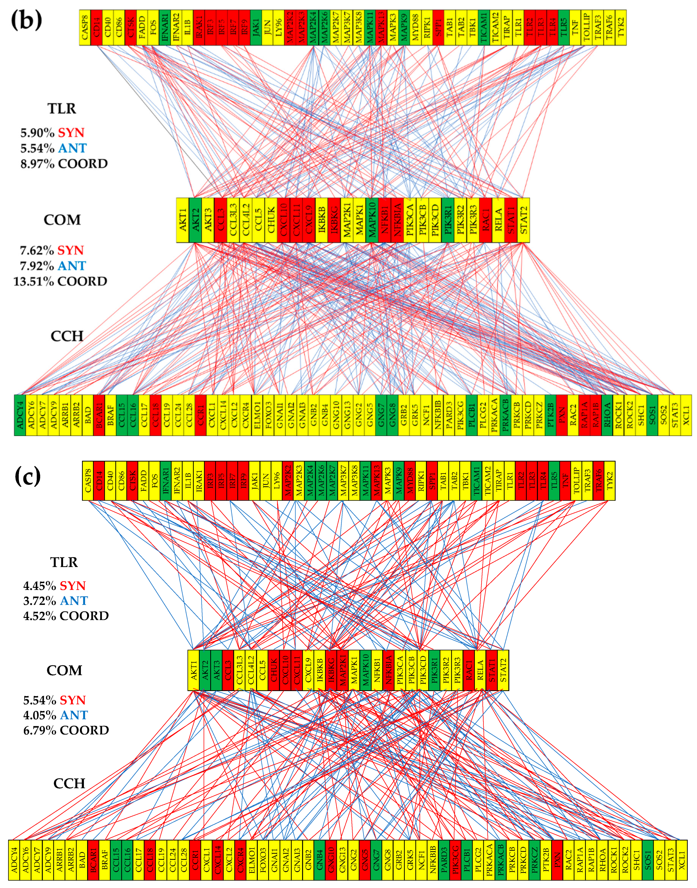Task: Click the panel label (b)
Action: pyautogui.click(x=26, y=19)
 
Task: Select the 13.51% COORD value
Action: pyautogui.click(x=60, y=282)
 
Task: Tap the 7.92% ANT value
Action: pyautogui.click(x=53, y=266)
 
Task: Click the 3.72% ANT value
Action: pyautogui.click(x=55, y=601)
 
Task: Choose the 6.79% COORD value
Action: pyautogui.click(x=66, y=730)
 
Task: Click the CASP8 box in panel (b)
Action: pyautogui.click(x=85, y=28)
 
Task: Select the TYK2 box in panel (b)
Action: pyautogui.click(x=621, y=28)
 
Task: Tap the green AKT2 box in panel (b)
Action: pyautogui.click(x=195, y=220)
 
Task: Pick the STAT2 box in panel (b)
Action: pyautogui.click(x=524, y=220)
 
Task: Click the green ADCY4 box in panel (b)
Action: pyautogui.click(x=19, y=415)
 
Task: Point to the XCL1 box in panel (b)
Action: pyautogui.click(x=686, y=415)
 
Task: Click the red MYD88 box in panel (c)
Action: pyautogui.click(x=410, y=481)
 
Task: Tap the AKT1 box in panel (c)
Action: pyautogui.click(x=193, y=670)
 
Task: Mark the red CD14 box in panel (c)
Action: pyautogui.click(x=99, y=481)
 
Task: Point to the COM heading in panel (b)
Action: pyautogui.click(x=62, y=220)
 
